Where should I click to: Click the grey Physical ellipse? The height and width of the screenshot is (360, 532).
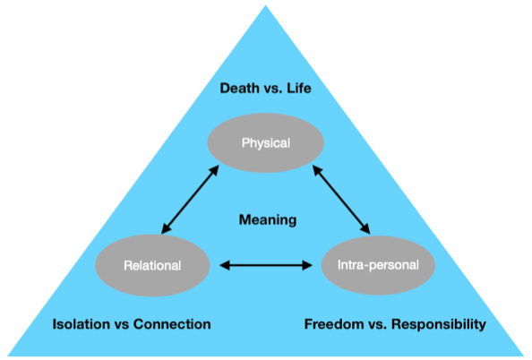point(266,143)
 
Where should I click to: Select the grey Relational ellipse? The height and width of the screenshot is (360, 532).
point(152,265)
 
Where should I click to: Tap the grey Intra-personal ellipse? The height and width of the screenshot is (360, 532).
point(378,265)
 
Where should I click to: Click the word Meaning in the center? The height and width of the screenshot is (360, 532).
point(268,220)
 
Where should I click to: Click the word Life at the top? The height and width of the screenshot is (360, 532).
point(299,89)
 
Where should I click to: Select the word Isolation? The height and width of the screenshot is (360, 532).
point(82,324)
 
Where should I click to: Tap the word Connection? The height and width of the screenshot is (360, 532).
point(172,324)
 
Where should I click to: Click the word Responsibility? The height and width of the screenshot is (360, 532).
point(439,324)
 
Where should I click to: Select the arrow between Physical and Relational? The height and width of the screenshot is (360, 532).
point(190,200)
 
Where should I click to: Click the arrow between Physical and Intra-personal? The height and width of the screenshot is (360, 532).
point(341,200)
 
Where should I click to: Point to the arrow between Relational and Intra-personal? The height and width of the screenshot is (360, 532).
point(266,265)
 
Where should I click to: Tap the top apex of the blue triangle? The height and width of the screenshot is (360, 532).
point(266,5)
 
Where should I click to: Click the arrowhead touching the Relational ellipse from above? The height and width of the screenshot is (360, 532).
point(165,228)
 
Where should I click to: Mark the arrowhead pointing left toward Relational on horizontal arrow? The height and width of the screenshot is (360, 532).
point(225,265)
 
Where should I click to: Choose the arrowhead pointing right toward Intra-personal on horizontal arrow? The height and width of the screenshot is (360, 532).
point(307,265)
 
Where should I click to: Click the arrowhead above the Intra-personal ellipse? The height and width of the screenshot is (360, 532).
point(365,228)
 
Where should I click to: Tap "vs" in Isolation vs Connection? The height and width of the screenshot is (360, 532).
point(122,325)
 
